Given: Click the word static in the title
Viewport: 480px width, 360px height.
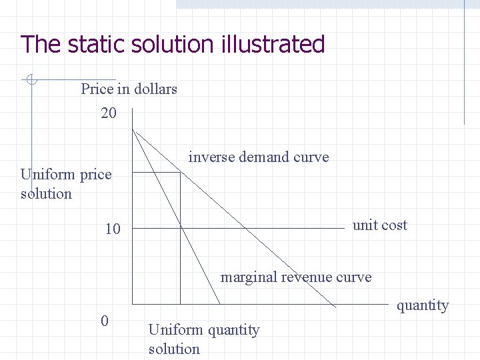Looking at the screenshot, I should (x=87, y=45).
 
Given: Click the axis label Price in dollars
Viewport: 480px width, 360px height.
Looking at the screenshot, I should (x=129, y=89).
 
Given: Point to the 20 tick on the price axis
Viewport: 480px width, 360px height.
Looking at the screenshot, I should (x=109, y=113).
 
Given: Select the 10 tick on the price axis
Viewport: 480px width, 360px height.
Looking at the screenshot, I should (x=113, y=229).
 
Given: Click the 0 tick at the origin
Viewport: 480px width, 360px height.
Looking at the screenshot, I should (x=104, y=321).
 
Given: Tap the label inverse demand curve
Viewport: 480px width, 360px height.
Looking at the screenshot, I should (x=259, y=157).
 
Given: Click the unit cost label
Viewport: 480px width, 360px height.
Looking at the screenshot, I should (x=379, y=225).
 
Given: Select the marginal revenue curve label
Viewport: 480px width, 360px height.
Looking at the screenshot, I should (x=296, y=277).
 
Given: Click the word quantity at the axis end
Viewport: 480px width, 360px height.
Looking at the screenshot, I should (x=423, y=305).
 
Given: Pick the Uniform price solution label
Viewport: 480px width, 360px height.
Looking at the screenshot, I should (x=65, y=184).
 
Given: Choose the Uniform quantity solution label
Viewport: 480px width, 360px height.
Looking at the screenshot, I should (x=203, y=339).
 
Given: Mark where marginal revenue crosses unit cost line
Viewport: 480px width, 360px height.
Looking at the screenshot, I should (x=181, y=228).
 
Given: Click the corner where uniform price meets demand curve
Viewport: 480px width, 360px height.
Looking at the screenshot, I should (x=181, y=173).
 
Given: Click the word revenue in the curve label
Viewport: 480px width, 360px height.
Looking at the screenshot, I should (x=301, y=277).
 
